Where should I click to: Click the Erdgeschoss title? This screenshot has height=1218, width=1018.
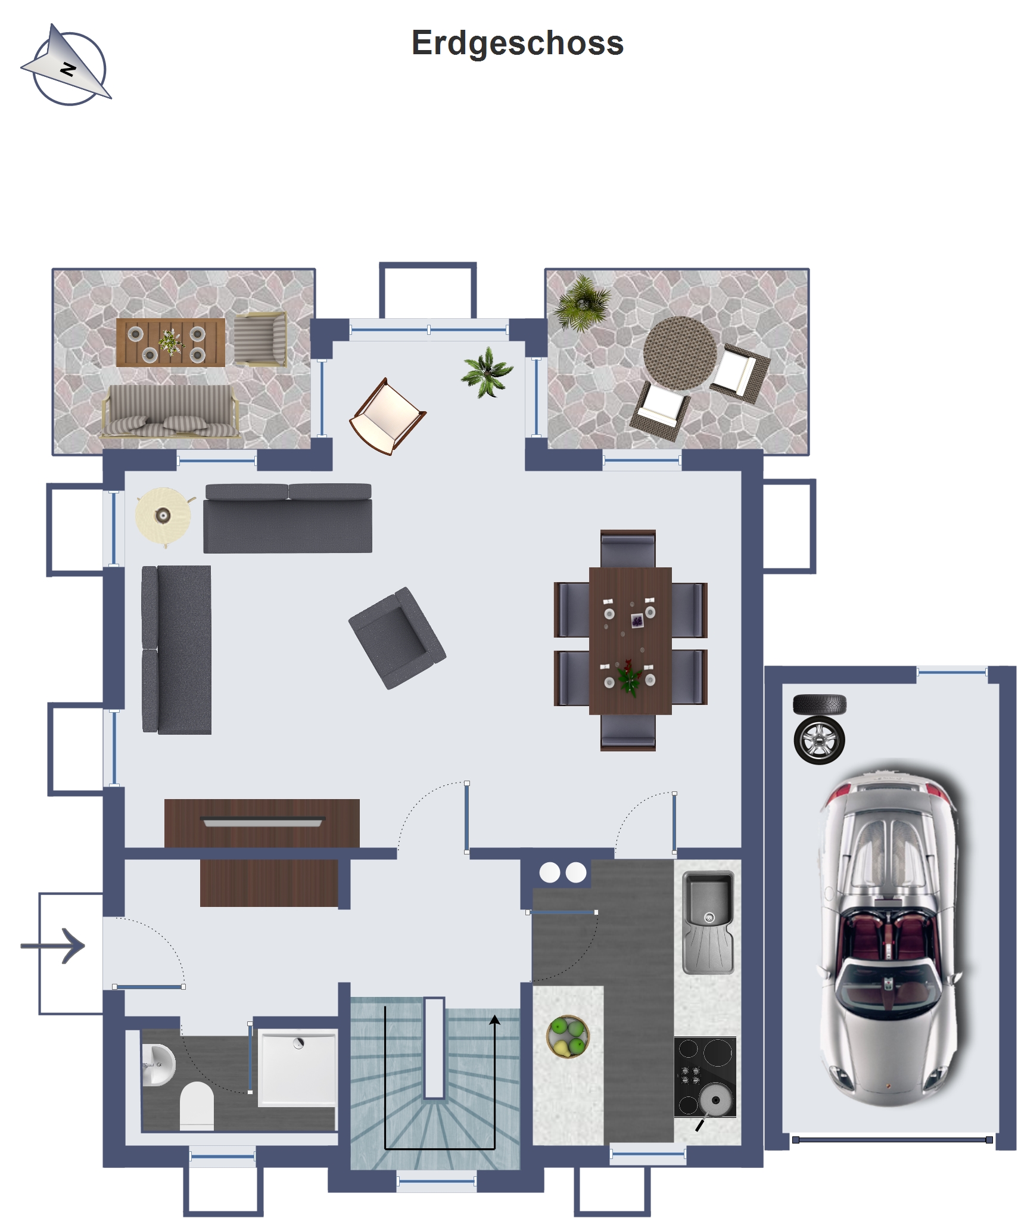[x=517, y=43]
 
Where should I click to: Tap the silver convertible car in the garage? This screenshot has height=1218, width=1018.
[x=889, y=933]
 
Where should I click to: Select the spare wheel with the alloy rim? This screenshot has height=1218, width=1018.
[x=819, y=741]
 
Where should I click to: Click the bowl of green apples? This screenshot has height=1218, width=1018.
[x=568, y=1037]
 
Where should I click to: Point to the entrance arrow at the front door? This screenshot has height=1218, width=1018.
[x=53, y=946]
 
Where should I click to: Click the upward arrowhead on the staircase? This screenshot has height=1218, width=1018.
[x=494, y=1020]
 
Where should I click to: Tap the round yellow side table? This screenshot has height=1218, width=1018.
[x=164, y=516]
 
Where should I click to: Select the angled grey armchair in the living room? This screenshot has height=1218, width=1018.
[x=397, y=638]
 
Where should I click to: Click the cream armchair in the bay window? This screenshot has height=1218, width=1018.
[x=388, y=417]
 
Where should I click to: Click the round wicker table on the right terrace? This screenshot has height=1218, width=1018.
[x=680, y=353]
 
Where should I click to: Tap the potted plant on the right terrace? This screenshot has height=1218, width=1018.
[x=582, y=303]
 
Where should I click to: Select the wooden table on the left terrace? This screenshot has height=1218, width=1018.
[x=170, y=343]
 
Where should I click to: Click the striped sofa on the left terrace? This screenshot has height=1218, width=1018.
[x=170, y=411]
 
